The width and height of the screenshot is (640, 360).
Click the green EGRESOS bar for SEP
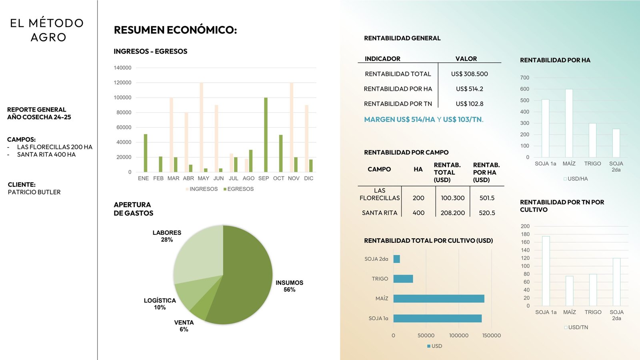click(266, 135)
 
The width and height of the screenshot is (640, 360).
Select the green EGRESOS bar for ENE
click(146, 153)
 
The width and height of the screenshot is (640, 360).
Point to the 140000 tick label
click(122, 68)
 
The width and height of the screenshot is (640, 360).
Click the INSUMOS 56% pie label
click(289, 286)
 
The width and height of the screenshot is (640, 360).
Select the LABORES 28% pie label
click(167, 236)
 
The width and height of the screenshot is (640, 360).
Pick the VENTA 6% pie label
click(184, 326)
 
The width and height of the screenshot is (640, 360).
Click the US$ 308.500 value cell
click(469, 74)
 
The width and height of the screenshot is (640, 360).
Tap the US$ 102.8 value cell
click(469, 104)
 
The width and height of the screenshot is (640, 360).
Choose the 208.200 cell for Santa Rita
click(452, 213)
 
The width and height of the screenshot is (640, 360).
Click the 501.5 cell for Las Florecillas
click(487, 198)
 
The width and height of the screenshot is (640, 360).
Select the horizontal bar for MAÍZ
click(438, 299)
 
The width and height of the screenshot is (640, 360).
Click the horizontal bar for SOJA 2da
click(396, 259)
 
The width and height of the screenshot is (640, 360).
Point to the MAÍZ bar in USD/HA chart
click(569, 123)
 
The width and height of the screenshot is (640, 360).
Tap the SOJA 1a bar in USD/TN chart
click(546, 271)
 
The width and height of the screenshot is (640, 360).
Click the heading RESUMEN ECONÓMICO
click(175, 30)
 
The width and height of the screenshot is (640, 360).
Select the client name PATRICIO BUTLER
click(34, 192)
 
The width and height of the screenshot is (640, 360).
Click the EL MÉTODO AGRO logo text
click(47, 30)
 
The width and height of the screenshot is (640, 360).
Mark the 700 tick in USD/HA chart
click(524, 78)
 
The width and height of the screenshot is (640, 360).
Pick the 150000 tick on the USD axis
click(491, 336)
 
